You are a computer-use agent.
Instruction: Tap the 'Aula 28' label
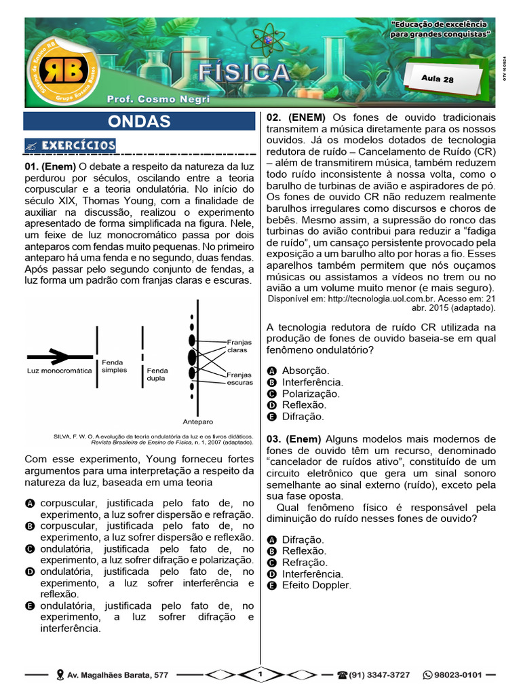(438, 79)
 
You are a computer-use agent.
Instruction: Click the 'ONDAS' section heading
(140, 121)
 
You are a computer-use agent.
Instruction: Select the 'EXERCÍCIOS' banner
(71, 145)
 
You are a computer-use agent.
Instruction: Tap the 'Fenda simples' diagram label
(114, 367)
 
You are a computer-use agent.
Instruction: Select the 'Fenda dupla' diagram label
(157, 375)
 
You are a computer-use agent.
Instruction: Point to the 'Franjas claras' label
(238, 347)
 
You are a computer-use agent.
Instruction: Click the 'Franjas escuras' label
(239, 378)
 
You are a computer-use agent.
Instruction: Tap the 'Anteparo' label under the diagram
(197, 421)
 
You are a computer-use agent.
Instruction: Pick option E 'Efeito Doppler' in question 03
(316, 585)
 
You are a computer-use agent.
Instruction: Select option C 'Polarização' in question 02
(311, 394)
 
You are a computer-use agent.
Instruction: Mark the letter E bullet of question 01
(30, 605)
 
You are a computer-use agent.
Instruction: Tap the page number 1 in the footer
(260, 674)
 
